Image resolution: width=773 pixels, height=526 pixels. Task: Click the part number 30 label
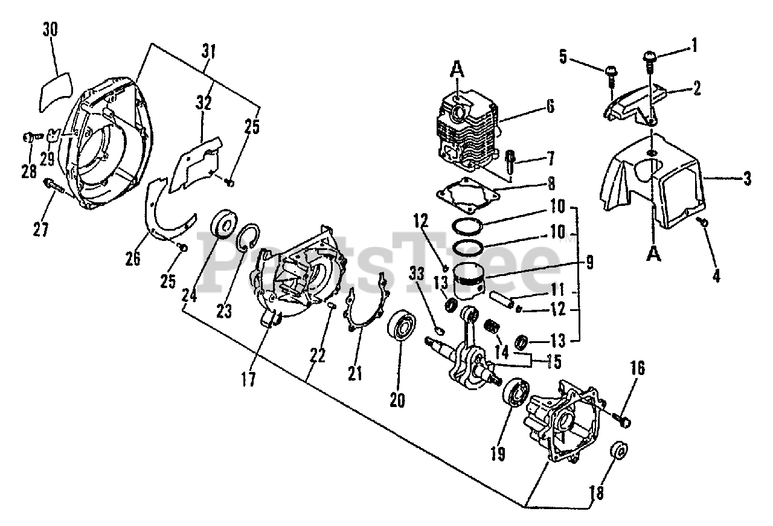point(50,30)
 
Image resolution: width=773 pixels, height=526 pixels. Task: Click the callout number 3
point(747,179)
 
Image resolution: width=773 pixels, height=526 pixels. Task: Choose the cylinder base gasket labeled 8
point(468,195)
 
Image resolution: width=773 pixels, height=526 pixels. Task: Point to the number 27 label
point(40,229)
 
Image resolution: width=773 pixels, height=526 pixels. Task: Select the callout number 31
point(208,52)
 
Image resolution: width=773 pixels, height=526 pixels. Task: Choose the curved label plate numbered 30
point(56,92)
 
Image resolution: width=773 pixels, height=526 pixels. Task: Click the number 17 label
point(248,380)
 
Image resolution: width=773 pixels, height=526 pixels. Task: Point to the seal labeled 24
point(223,223)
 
